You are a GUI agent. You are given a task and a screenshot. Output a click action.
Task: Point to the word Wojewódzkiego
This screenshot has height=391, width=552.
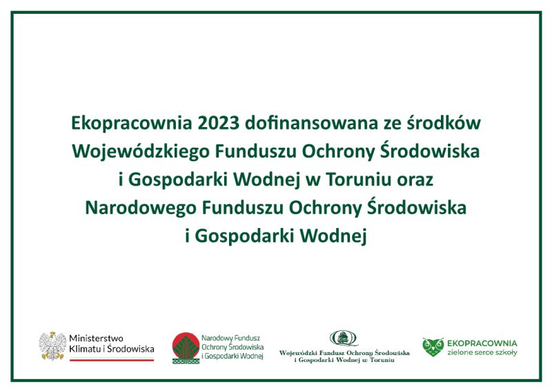[141, 152]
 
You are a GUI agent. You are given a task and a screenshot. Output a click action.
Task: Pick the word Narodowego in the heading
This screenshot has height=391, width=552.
[141, 209]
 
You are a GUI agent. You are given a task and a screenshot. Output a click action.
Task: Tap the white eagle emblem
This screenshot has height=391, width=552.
[52, 345]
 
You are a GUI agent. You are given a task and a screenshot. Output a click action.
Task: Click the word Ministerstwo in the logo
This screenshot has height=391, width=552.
[96, 338]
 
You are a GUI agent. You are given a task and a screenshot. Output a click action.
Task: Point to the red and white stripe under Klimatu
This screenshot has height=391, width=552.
[112, 360]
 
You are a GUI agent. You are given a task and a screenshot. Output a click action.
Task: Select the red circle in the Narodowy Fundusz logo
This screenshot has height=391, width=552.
[186, 345]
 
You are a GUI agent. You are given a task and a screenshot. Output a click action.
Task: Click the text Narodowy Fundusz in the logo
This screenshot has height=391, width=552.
[230, 338]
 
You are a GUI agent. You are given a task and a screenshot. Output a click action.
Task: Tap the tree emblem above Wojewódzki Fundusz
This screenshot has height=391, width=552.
[343, 338]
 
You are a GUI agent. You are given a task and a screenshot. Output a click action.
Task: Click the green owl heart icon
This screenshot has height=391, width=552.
[433, 347]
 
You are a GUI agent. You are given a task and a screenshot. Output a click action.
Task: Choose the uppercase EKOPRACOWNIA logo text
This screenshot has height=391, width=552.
[482, 343]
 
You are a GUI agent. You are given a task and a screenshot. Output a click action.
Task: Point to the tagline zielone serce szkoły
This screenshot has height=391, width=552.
[482, 352]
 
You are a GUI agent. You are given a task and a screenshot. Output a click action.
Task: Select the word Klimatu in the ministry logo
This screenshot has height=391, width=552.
[85, 349]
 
